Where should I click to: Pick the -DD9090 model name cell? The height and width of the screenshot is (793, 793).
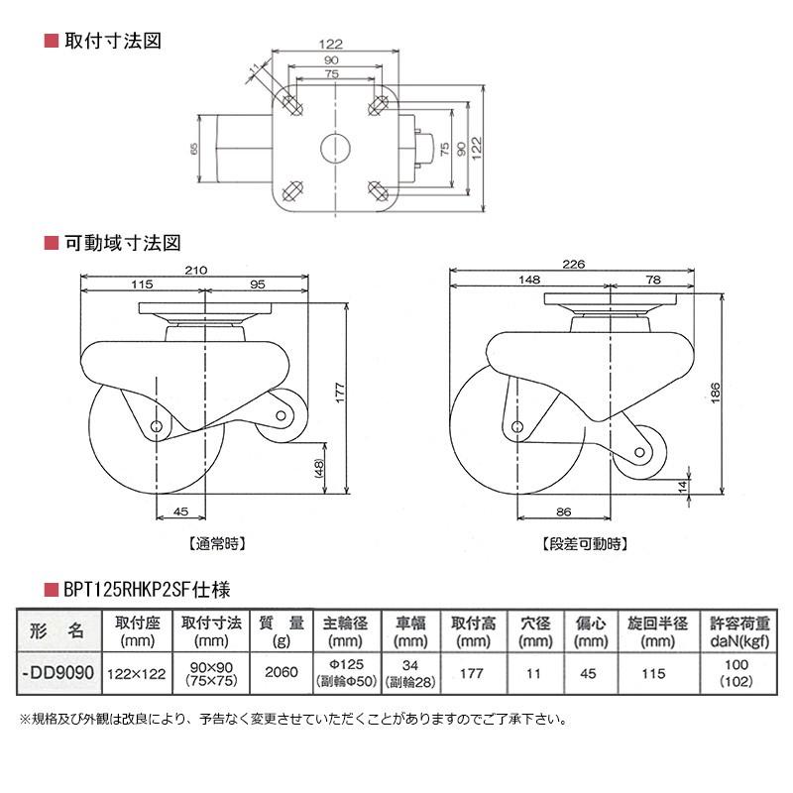[58, 671]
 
